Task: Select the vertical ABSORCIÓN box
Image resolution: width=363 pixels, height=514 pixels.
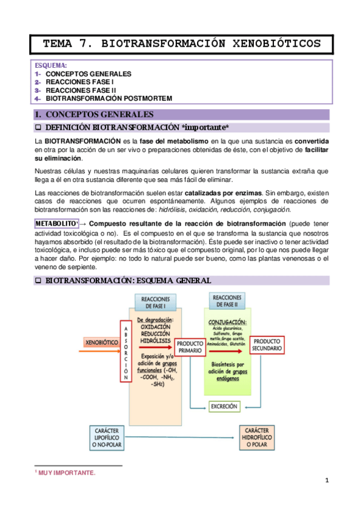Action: click(x=126, y=351)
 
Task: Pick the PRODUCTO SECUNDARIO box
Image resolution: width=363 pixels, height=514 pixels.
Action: click(x=267, y=344)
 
